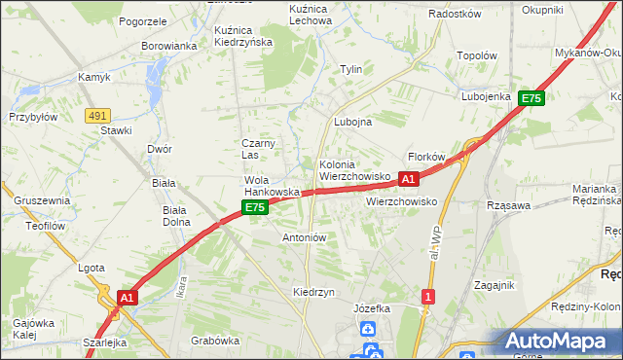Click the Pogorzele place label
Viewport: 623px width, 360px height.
(x=143, y=20)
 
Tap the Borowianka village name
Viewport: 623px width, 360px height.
(x=169, y=46)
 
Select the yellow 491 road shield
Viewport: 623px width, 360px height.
(x=96, y=115)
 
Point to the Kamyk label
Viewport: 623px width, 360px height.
(x=95, y=77)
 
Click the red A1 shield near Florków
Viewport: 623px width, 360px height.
(x=409, y=179)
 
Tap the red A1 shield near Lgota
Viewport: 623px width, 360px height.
(x=127, y=296)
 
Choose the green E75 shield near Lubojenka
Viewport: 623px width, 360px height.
(x=531, y=98)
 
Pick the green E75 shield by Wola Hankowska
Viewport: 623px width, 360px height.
(x=254, y=208)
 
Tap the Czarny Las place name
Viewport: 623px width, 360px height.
(x=259, y=149)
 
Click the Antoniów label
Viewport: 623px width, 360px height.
(x=304, y=236)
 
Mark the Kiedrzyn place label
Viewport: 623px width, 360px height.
(x=313, y=292)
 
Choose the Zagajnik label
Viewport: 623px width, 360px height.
(x=494, y=285)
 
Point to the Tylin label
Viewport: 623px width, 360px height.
(x=350, y=69)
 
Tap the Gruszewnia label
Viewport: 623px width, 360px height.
(x=42, y=200)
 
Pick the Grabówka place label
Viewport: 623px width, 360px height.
(x=215, y=341)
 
